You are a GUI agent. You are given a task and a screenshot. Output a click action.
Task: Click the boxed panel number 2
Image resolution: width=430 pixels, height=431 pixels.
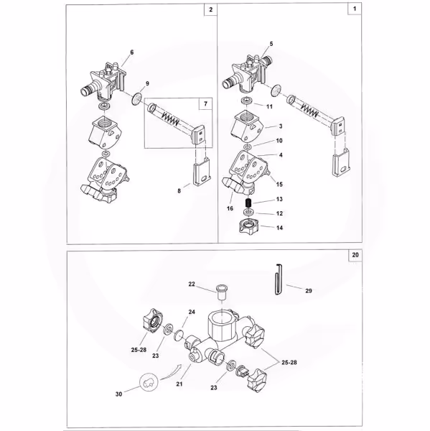211,9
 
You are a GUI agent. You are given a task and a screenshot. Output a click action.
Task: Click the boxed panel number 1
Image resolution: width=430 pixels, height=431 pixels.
355,9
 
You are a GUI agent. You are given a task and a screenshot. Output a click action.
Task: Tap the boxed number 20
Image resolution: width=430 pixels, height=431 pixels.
355,255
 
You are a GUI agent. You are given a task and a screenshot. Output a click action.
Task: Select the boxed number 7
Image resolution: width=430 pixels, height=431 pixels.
205,104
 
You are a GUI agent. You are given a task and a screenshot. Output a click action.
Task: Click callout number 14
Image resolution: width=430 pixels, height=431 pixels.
279,228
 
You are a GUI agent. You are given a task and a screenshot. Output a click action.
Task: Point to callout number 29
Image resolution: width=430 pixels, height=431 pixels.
309,291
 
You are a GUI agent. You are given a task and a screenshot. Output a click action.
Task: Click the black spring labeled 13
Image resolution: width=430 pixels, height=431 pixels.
248,204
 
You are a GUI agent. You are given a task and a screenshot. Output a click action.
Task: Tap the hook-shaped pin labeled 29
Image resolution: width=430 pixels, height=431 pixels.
279,279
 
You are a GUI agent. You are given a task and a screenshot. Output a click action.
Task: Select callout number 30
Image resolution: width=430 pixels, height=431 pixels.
118,394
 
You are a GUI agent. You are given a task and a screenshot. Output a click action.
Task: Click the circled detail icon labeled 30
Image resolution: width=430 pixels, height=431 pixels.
149,382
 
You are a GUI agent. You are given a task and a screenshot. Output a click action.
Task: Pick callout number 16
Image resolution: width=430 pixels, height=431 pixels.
230,208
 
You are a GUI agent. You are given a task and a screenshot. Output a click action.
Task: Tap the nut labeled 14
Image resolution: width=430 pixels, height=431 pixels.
250,227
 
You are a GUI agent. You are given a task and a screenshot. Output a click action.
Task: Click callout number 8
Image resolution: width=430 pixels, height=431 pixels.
179,191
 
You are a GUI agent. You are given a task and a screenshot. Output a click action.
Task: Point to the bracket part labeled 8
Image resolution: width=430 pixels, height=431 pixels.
202,171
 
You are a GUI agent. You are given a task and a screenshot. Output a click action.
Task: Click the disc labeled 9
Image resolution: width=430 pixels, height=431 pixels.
136,99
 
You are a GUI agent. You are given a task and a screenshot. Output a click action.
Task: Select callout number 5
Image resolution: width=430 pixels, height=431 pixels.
271,44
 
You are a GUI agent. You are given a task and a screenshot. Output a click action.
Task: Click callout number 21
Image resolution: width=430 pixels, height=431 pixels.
179,384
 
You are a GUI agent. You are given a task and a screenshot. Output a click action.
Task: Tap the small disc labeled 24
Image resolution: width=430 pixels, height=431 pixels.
179,335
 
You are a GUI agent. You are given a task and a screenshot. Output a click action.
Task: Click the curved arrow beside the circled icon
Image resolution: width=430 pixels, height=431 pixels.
171,372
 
